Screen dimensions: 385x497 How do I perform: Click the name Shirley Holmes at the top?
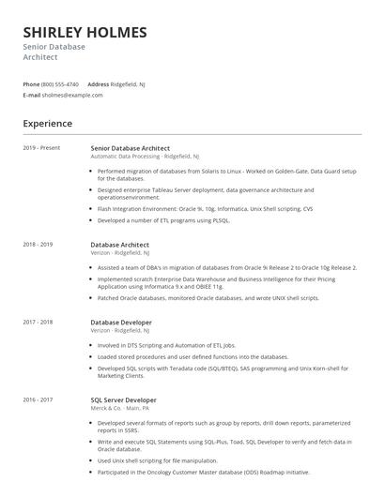tap(85, 32)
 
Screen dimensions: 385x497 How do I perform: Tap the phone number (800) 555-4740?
tap(60, 83)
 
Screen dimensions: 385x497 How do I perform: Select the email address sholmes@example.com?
tap(72, 95)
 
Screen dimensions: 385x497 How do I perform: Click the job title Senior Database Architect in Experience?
tap(131, 147)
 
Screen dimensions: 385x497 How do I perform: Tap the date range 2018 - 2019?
tap(38, 244)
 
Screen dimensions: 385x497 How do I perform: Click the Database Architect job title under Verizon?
tap(119, 244)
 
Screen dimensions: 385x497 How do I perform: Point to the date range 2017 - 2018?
tap(38, 322)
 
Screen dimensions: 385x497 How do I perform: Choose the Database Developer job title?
tap(121, 322)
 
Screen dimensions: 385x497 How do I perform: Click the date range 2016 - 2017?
tap(38, 399)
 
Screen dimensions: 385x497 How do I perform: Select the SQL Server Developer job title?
tap(124, 399)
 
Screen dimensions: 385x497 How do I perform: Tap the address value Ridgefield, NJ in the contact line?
tap(129, 83)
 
